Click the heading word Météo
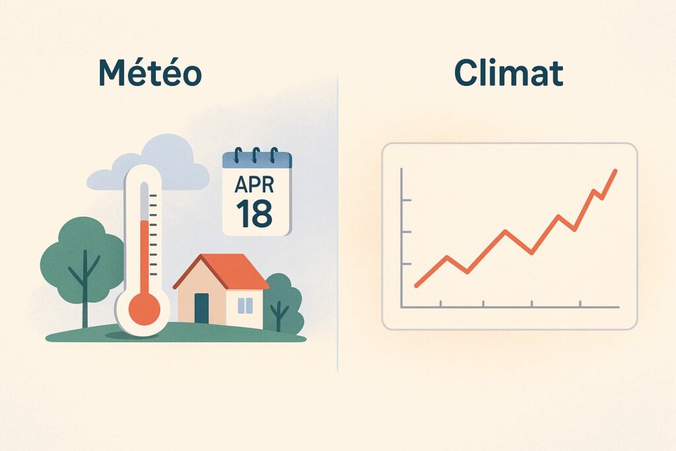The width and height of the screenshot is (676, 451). [150, 73]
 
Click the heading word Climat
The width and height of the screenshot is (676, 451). [508, 73]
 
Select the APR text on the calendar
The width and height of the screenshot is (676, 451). [255, 183]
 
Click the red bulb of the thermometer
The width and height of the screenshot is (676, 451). [143, 308]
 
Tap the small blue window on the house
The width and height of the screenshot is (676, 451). [245, 305]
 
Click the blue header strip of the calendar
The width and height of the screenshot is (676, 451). [257, 159]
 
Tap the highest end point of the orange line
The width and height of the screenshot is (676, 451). [615, 171]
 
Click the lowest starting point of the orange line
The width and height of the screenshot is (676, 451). [417, 285]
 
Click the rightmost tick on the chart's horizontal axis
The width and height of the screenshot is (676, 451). [580, 304]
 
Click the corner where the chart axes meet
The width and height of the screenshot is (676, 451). [402, 307]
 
